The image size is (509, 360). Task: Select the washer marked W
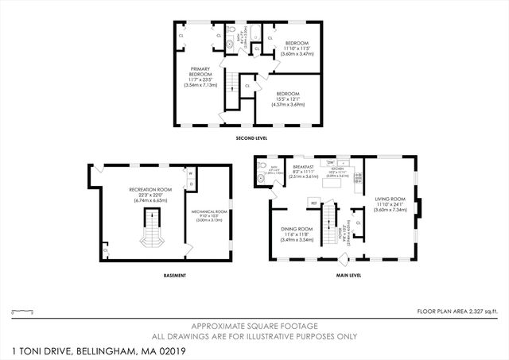(192, 172)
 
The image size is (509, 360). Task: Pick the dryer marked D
(192, 184)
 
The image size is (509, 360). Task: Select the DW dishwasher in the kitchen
(331, 163)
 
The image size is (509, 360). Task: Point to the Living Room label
(390, 204)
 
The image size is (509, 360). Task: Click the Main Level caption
(349, 276)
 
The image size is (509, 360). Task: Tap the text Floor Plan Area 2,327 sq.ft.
(460, 311)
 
